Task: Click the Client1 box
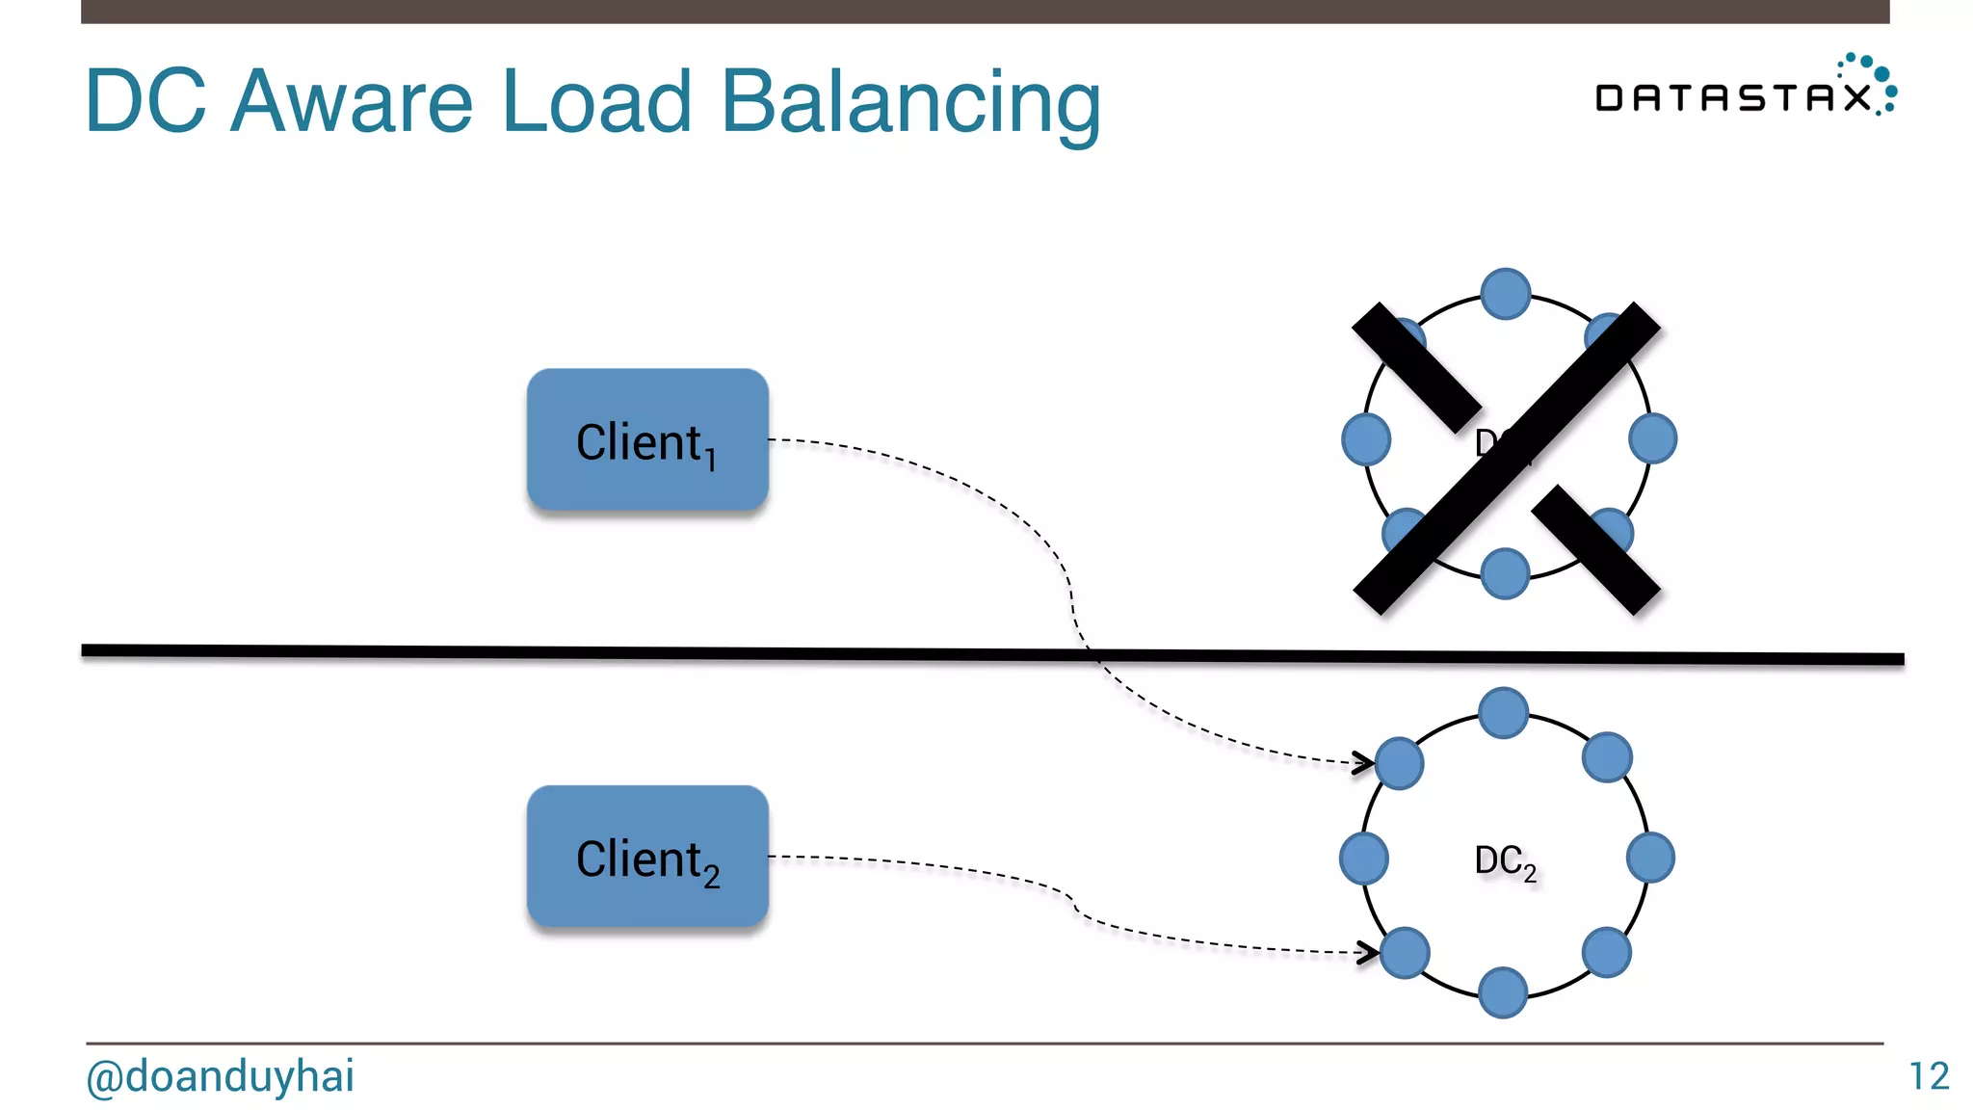(647, 439)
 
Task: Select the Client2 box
(647, 857)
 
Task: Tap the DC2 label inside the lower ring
(1504, 860)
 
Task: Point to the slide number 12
(1929, 1076)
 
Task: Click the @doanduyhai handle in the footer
(220, 1076)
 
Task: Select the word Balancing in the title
(910, 102)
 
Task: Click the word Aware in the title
(352, 102)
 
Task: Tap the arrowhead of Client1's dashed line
(1363, 763)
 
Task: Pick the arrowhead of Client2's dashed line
(1367, 952)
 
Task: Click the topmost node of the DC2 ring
(1503, 713)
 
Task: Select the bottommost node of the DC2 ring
(1503, 993)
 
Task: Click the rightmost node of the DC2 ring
(1650, 858)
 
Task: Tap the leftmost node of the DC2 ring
(1364, 858)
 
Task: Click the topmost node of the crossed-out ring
(1506, 294)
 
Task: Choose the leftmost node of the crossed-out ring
(1366, 439)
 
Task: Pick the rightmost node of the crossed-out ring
(1652, 439)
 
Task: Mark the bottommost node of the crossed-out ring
(1505, 573)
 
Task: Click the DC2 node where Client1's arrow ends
(1400, 763)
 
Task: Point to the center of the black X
(1506, 459)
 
